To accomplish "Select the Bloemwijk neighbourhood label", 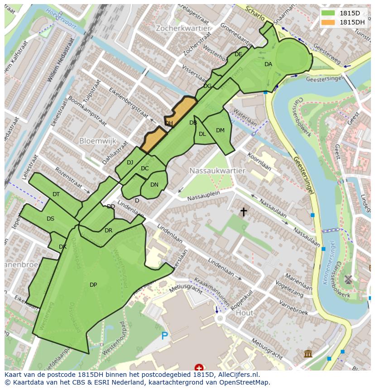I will (x=98, y=141).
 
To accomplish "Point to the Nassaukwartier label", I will (x=217, y=171).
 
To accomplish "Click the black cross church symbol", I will (x=244, y=212).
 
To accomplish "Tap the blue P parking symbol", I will (x=165, y=336).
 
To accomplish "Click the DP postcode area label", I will (x=93, y=285).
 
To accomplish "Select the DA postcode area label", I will (x=269, y=64).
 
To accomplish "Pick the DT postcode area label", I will (x=56, y=194).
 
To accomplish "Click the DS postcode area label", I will (x=50, y=219).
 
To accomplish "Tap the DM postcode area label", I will (x=220, y=130).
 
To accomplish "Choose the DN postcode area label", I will (x=154, y=185).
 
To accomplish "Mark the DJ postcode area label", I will (x=130, y=163).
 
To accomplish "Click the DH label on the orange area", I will (x=169, y=123).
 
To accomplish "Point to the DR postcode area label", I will (x=108, y=231).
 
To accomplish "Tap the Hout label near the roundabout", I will (x=245, y=313).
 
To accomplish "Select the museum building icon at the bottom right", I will (x=308, y=353).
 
